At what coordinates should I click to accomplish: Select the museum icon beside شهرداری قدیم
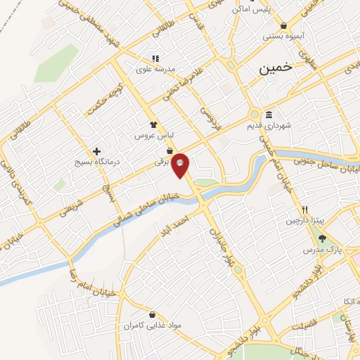click(x=269, y=115)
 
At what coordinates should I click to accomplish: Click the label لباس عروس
click(x=155, y=133)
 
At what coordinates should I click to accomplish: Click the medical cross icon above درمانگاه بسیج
click(x=97, y=150)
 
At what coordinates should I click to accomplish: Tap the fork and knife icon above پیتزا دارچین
click(x=305, y=210)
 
